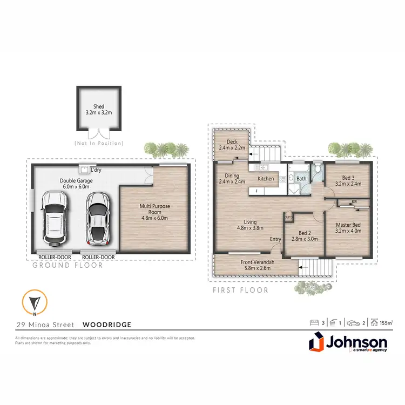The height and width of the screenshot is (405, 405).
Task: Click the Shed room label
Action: [x=98, y=107]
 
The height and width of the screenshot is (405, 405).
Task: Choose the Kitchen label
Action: [x=265, y=179]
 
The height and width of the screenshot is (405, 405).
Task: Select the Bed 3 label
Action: [x=349, y=178]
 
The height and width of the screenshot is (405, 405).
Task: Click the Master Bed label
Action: [x=348, y=225]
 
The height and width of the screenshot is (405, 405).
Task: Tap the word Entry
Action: [x=275, y=239]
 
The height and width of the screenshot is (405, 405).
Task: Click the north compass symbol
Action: [x=34, y=303]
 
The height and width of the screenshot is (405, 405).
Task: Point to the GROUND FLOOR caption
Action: [x=67, y=265]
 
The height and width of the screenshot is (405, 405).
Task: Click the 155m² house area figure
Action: [x=385, y=323]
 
